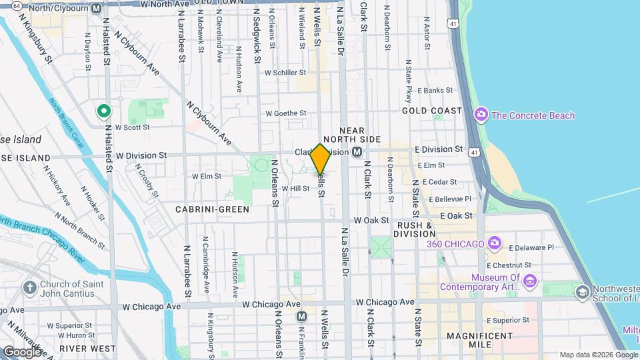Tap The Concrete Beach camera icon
[x=481, y=115]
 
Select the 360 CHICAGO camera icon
[x=494, y=243]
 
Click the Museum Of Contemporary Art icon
[x=530, y=282]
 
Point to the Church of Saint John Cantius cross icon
[x=29, y=289]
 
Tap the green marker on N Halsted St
[x=103, y=111]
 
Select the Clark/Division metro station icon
[x=357, y=152]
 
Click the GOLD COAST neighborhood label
[x=432, y=111]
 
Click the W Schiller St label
[x=285, y=73]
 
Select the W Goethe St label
[x=285, y=113]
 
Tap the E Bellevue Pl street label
[x=450, y=199]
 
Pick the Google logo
[x=22, y=351]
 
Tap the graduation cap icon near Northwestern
[x=582, y=292]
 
